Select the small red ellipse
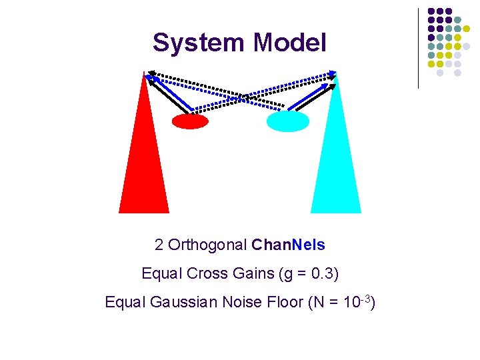pos(190,121)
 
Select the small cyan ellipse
pos(288,121)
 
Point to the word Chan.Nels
pos(289,245)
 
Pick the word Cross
pos(207,273)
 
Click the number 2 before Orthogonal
pos(159,245)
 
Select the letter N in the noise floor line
pos(316,303)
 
